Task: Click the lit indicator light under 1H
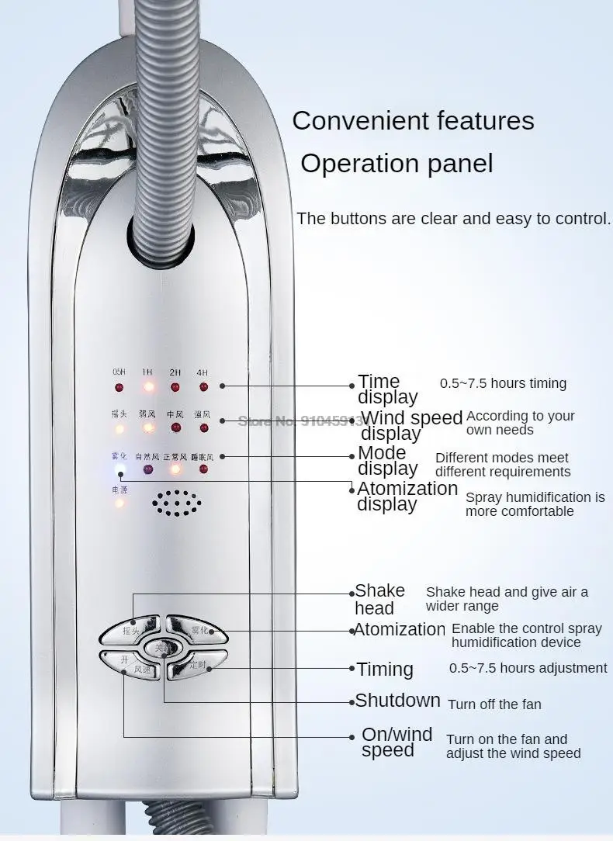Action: coord(147,386)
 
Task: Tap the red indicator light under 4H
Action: coord(203,386)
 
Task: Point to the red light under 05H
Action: coord(119,386)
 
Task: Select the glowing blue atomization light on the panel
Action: coord(119,469)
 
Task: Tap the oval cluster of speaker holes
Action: coord(177,503)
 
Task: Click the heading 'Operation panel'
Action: coord(397,164)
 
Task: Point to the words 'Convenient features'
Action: coord(413,121)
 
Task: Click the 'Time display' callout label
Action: coord(387,389)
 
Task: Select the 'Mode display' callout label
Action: coord(387,460)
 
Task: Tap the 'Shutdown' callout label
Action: coord(397,701)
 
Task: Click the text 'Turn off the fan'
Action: coord(494,704)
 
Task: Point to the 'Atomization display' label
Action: coord(407,496)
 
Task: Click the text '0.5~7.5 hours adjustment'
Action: coord(528,668)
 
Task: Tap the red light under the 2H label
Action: coord(175,386)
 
